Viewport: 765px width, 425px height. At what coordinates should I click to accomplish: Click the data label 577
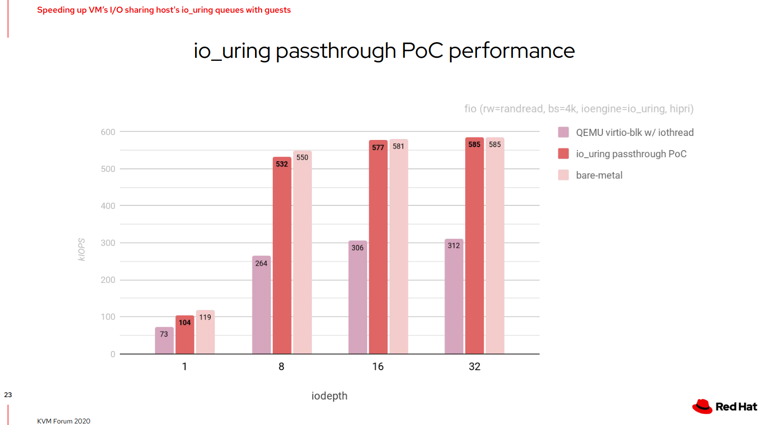click(378, 148)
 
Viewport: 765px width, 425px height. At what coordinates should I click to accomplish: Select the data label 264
click(261, 263)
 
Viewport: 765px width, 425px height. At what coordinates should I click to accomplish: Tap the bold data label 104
click(185, 323)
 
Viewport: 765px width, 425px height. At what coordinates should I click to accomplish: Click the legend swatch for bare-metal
click(563, 175)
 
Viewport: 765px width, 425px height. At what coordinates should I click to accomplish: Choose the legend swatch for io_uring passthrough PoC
click(563, 154)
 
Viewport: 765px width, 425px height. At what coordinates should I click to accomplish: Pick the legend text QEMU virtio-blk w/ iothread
click(634, 132)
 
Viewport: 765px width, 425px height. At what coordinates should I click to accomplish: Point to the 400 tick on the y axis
click(108, 206)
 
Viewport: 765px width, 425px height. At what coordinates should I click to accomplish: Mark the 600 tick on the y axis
click(108, 132)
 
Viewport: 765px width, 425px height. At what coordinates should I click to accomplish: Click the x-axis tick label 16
click(378, 367)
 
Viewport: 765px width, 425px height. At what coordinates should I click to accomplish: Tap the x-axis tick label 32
click(474, 367)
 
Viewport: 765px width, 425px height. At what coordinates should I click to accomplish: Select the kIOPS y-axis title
click(82, 250)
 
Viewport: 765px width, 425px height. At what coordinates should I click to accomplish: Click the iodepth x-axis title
click(329, 396)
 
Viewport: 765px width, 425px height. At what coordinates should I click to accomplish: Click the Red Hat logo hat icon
click(702, 406)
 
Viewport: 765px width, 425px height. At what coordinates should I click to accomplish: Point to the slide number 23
click(8, 395)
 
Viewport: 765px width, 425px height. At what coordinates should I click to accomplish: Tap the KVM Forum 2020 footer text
click(63, 421)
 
